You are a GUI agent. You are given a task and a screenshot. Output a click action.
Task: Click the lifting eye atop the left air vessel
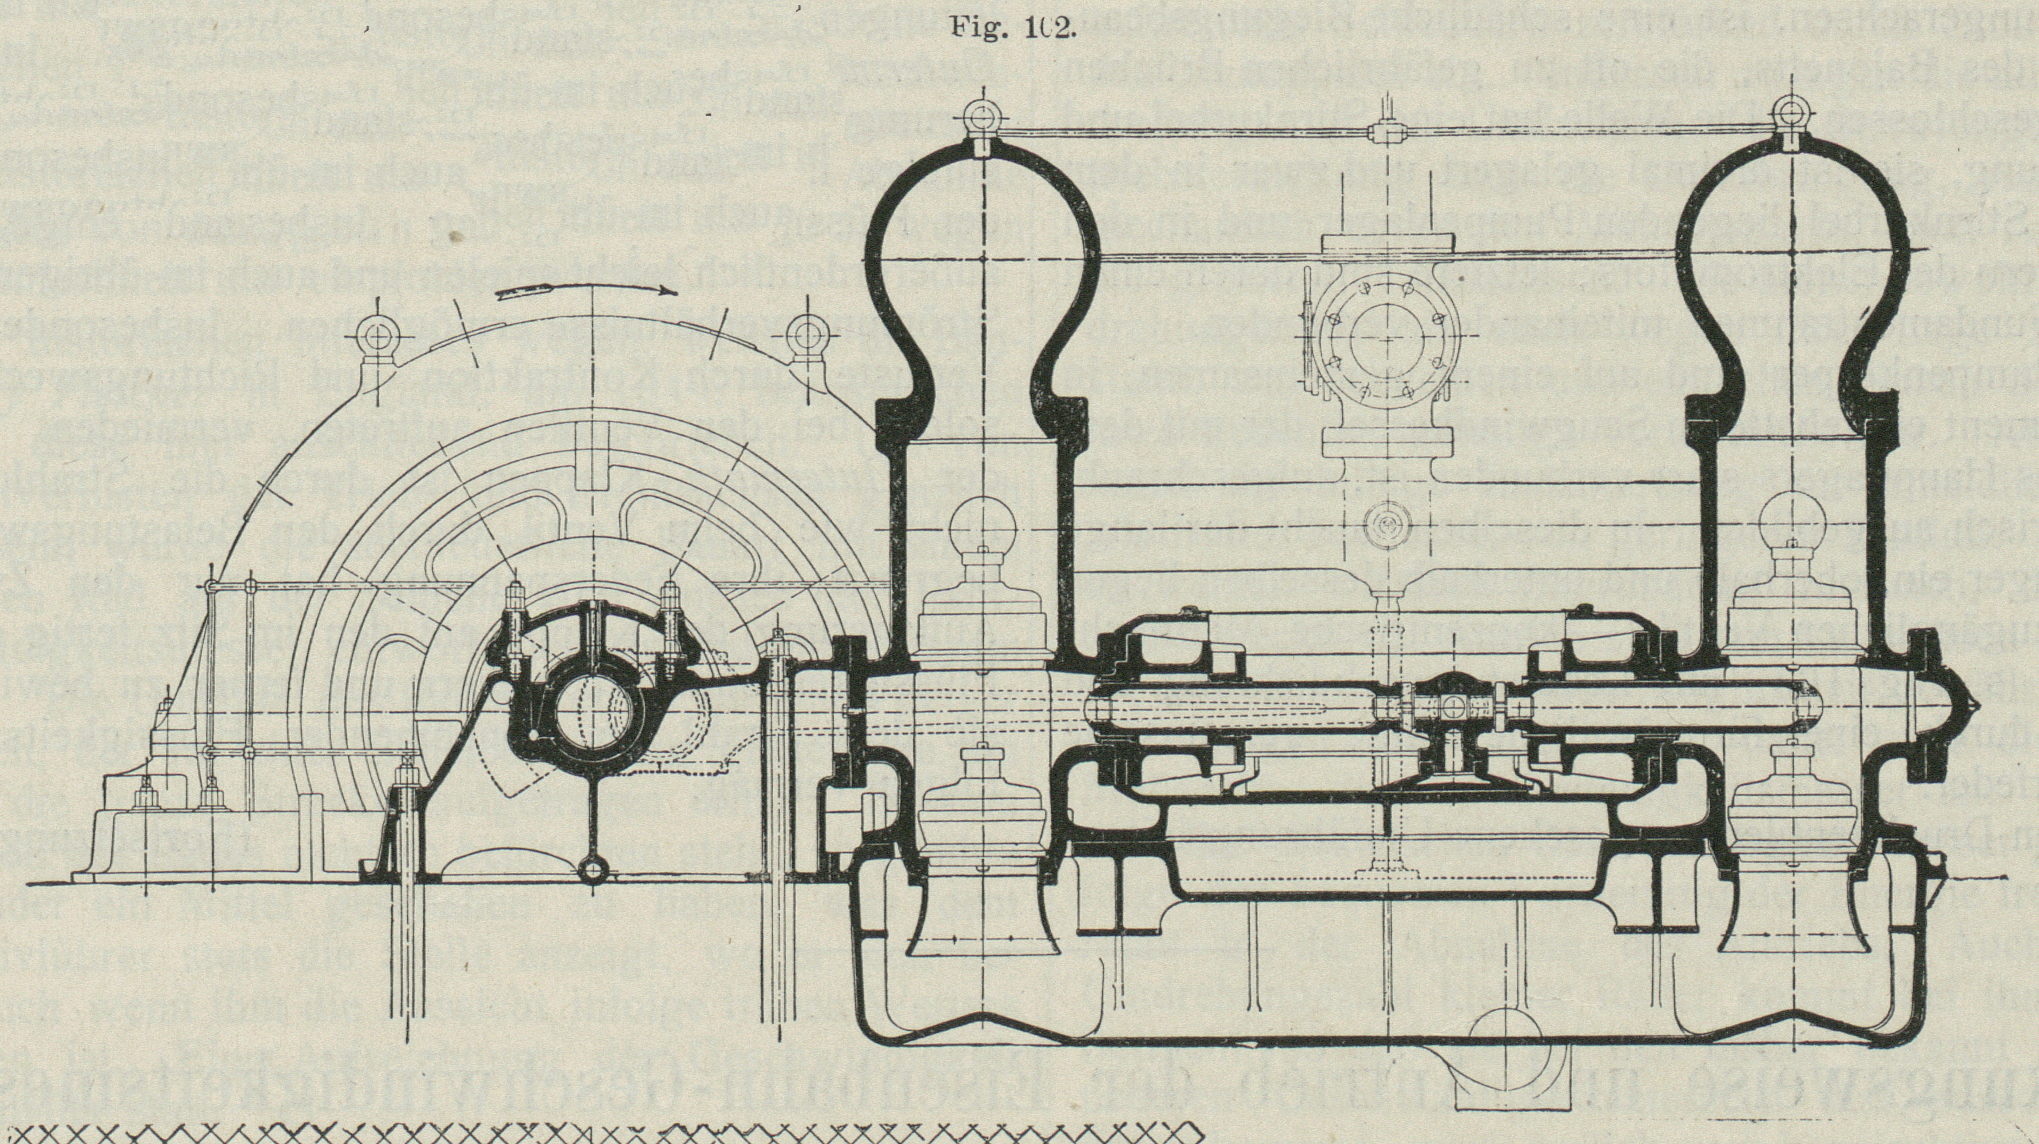(x=981, y=120)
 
